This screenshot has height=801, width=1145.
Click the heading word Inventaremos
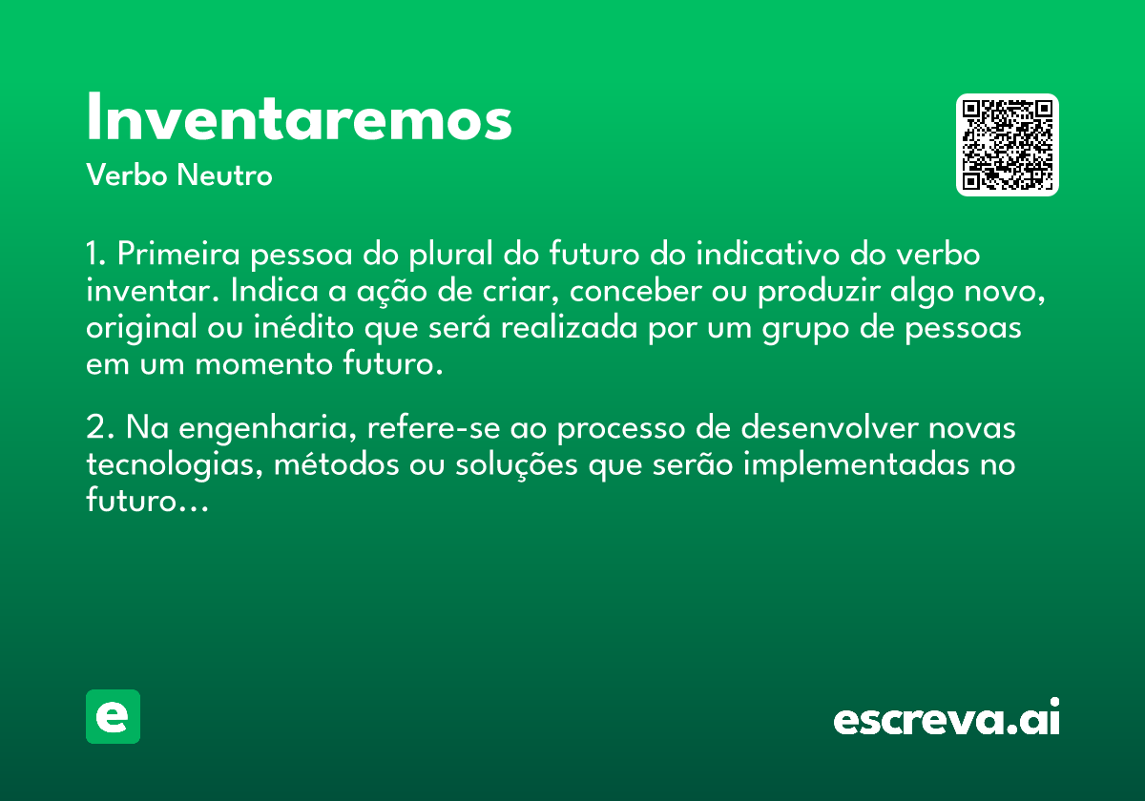tap(299, 116)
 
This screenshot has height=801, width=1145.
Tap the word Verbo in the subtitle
tap(127, 175)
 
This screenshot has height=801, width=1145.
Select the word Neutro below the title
tap(224, 175)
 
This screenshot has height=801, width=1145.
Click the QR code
tap(1007, 145)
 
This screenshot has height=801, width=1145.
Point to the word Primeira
tap(178, 253)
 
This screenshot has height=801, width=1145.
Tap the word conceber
tap(635, 290)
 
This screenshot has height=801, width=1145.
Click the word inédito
tap(303, 327)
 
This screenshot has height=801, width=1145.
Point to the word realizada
tap(569, 327)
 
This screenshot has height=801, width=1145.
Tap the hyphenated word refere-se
tap(433, 427)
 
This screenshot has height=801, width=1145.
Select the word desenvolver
tap(829, 427)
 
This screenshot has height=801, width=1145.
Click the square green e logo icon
tap(113, 716)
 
